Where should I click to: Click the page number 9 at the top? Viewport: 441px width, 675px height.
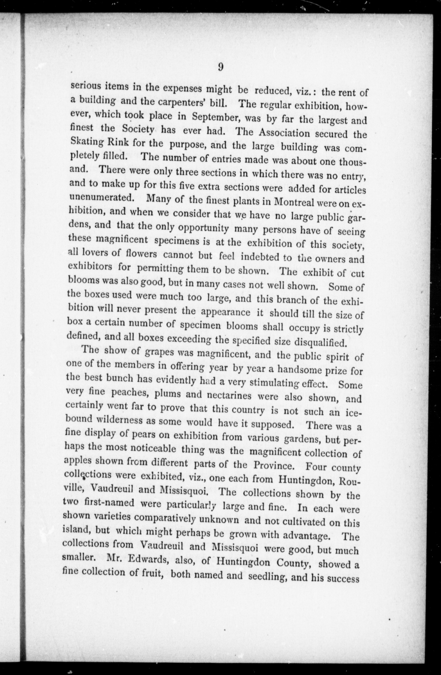pyautogui.click(x=221, y=67)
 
